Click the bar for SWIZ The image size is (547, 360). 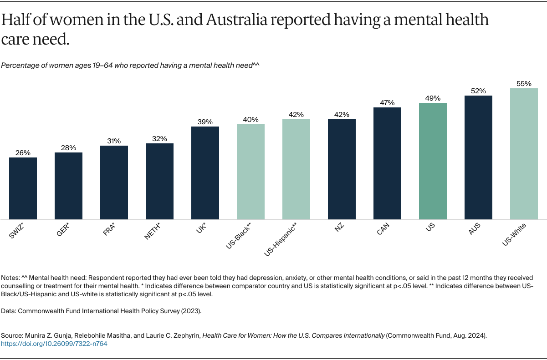23,188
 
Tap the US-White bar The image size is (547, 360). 524,153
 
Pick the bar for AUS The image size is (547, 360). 478,157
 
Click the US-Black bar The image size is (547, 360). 250,172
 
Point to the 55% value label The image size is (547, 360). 524,84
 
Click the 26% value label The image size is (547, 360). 23,153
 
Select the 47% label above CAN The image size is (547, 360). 387,103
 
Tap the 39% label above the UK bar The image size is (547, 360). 205,122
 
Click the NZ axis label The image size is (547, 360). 339,228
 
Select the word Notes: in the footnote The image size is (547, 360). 10,277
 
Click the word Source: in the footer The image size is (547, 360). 11,335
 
